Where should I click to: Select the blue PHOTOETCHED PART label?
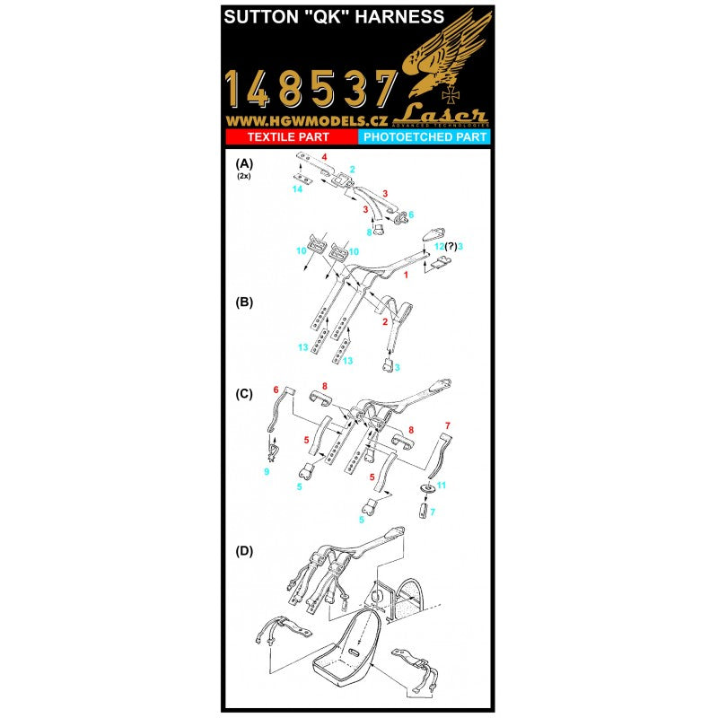click(424, 136)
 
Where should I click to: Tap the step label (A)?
click(243, 164)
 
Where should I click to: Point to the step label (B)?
click(243, 302)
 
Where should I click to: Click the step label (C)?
click(243, 392)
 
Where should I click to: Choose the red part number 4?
click(326, 158)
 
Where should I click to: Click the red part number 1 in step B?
click(406, 276)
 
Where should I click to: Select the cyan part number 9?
click(266, 472)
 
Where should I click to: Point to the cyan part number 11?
click(441, 485)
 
